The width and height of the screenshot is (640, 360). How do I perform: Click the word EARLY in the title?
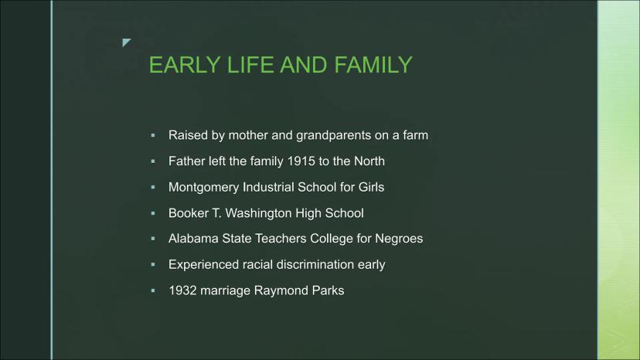pyautogui.click(x=185, y=65)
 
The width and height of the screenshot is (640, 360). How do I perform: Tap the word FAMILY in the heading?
pyautogui.click(x=373, y=65)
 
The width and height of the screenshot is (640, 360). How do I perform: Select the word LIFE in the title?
pyautogui.click(x=250, y=65)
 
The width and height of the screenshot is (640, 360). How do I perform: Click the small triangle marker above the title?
pyautogui.click(x=126, y=42)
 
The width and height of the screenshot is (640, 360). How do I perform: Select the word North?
pyautogui.click(x=369, y=161)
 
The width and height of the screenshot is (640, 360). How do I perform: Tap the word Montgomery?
pyautogui.click(x=204, y=188)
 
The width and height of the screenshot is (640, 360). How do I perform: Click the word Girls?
pyautogui.click(x=371, y=188)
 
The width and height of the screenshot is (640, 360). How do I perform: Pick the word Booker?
pyautogui.click(x=188, y=213)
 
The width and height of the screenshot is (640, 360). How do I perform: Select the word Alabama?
pyautogui.click(x=193, y=239)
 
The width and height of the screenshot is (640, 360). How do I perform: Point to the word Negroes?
pyautogui.click(x=399, y=239)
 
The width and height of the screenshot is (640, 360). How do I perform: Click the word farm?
pyautogui.click(x=416, y=135)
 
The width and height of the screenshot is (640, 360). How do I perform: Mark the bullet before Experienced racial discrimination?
pyautogui.click(x=153, y=264)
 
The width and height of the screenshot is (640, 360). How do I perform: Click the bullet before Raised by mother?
pyautogui.click(x=153, y=135)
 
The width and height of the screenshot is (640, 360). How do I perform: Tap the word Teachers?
pyautogui.click(x=281, y=239)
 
